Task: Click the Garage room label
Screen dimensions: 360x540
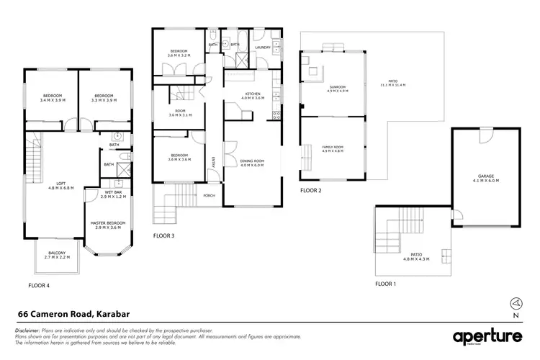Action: coord(487,178)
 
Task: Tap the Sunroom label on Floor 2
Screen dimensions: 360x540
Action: coord(337,89)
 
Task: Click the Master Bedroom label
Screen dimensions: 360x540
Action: coord(109,225)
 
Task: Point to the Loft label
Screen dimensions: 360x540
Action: coord(61,185)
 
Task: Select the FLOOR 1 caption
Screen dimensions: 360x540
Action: coord(387,284)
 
